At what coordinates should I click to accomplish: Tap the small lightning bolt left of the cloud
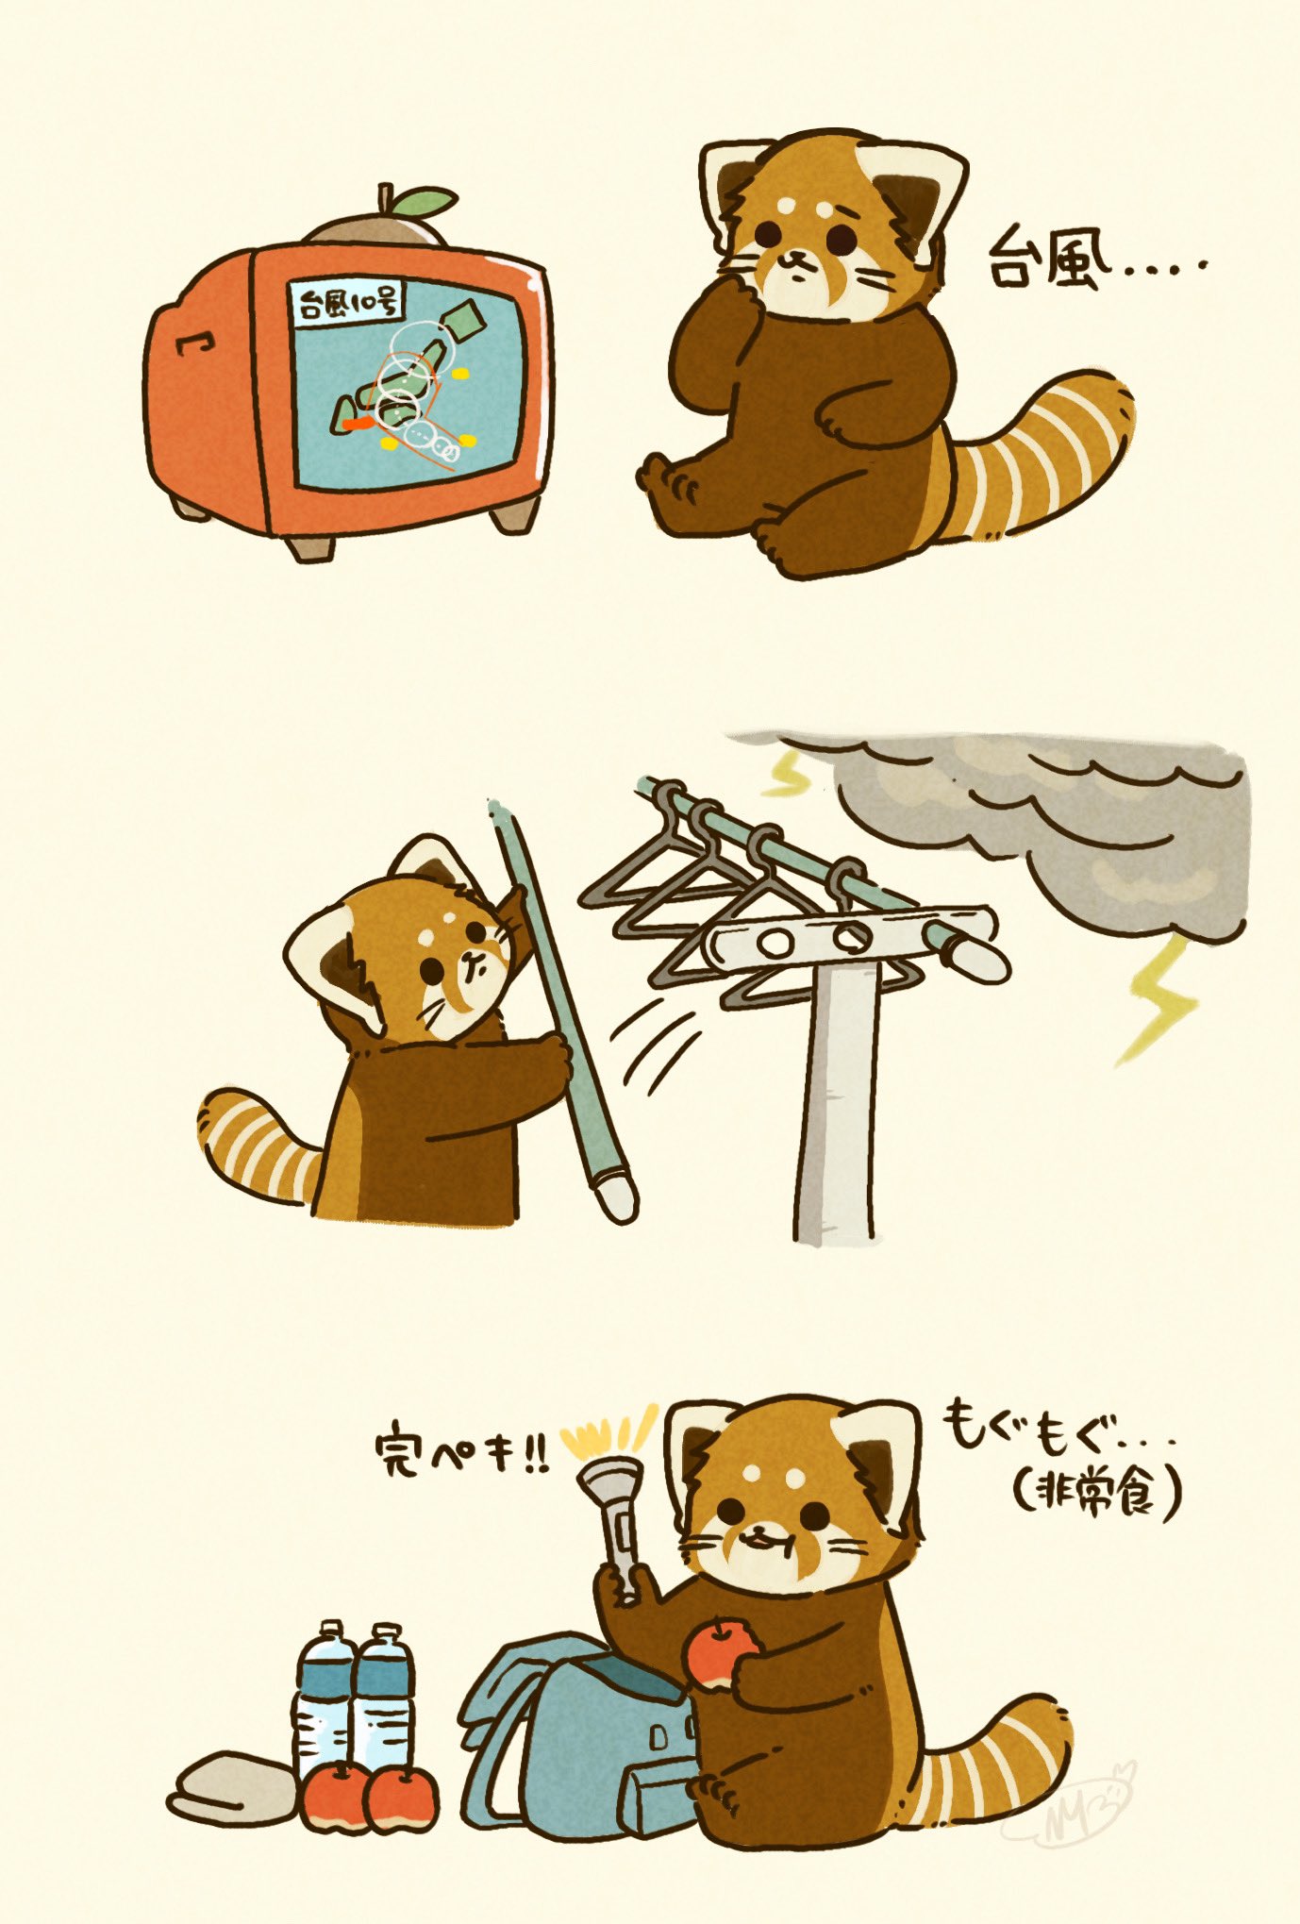click(x=790, y=774)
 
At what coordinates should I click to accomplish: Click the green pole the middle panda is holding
click(x=562, y=1011)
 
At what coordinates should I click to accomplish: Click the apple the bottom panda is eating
click(x=722, y=1652)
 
